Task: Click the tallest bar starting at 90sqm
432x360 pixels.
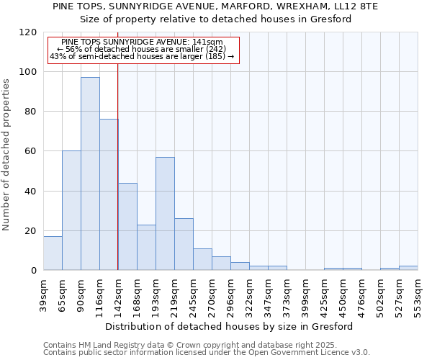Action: [x=90, y=174]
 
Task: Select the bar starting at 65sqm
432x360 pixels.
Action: [x=71, y=210]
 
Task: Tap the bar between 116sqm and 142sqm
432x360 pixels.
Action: [x=109, y=194]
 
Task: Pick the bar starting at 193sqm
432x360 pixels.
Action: [x=165, y=213]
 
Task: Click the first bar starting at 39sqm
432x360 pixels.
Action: [x=53, y=253]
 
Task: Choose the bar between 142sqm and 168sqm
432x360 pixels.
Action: [x=127, y=226]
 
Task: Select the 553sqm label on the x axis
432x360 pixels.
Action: [x=418, y=294]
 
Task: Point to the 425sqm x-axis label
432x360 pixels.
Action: [x=324, y=294]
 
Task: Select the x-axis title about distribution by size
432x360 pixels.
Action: [x=228, y=327]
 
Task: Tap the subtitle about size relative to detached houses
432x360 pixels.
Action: [x=215, y=19]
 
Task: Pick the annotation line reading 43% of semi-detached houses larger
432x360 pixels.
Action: [x=142, y=56]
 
